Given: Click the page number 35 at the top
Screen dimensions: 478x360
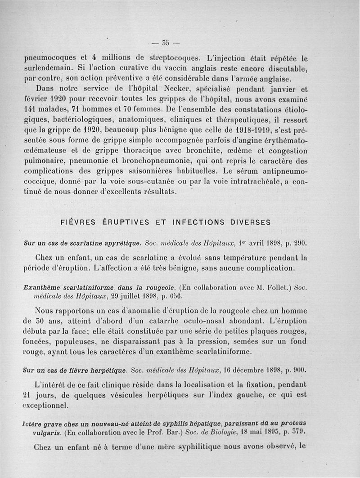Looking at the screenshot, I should click(x=165, y=43).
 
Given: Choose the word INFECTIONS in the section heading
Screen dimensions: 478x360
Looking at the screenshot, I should click(x=198, y=222).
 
